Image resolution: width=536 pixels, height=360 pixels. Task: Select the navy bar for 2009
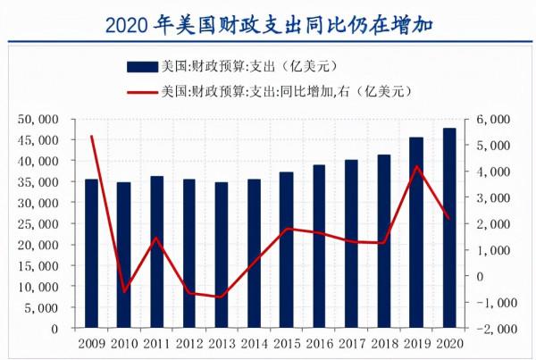(x=91, y=254)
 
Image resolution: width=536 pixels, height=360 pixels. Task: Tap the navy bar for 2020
(x=449, y=229)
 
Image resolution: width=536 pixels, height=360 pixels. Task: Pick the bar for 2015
(x=287, y=250)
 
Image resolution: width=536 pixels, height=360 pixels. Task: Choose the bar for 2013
(x=222, y=255)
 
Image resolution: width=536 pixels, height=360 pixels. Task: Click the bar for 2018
(x=384, y=241)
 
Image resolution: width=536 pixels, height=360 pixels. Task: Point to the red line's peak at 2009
(x=92, y=136)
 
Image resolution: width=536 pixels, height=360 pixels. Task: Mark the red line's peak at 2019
(x=416, y=166)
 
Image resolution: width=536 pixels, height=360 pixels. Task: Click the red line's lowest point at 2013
(x=222, y=297)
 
